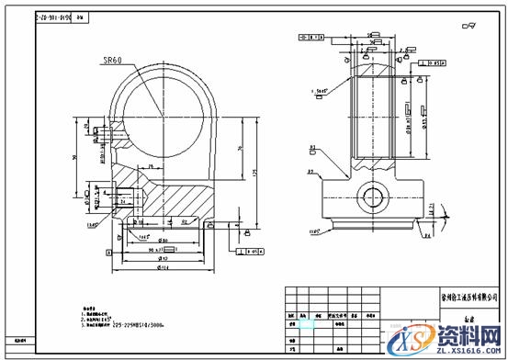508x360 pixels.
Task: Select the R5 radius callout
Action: (x=311, y=172)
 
